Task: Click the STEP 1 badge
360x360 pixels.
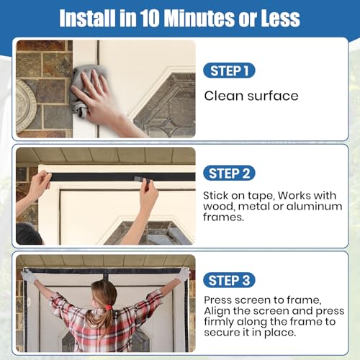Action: [x=229, y=71]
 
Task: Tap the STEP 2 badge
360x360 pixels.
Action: [x=229, y=174]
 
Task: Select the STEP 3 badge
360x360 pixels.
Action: [x=229, y=280]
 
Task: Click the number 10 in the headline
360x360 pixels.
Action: [x=150, y=18]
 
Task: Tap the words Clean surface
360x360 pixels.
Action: [x=251, y=96]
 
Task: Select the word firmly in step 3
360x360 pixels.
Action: [x=219, y=322]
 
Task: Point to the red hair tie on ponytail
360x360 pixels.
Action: [x=109, y=307]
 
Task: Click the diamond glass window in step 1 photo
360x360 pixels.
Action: [x=166, y=106]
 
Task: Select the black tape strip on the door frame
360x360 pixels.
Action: [x=123, y=177]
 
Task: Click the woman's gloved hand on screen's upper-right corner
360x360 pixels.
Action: [x=184, y=274]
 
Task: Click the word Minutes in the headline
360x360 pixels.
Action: [x=199, y=18]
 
